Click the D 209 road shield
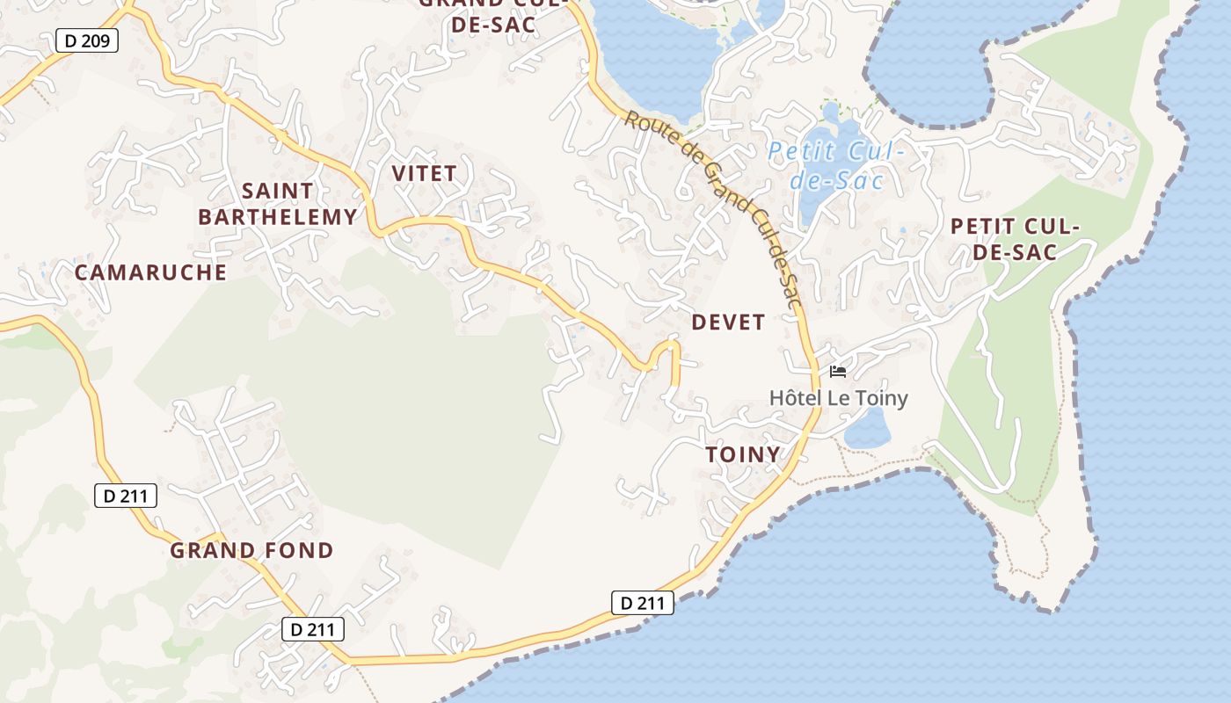coord(86,40)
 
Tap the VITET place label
coord(425,173)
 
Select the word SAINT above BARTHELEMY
coord(277,191)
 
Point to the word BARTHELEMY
coord(278,216)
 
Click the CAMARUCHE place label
coord(150,272)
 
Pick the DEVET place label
coord(728,323)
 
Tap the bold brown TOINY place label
coord(743,454)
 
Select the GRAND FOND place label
coord(251,551)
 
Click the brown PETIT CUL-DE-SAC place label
coord(1015,239)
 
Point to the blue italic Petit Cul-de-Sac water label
coord(835,165)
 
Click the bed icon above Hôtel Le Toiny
coord(837,372)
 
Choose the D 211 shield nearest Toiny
coord(643,603)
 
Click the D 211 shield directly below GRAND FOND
coord(312,629)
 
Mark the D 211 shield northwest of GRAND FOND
coord(126,496)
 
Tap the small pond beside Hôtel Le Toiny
coord(867,428)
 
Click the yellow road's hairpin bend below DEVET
coord(666,347)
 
